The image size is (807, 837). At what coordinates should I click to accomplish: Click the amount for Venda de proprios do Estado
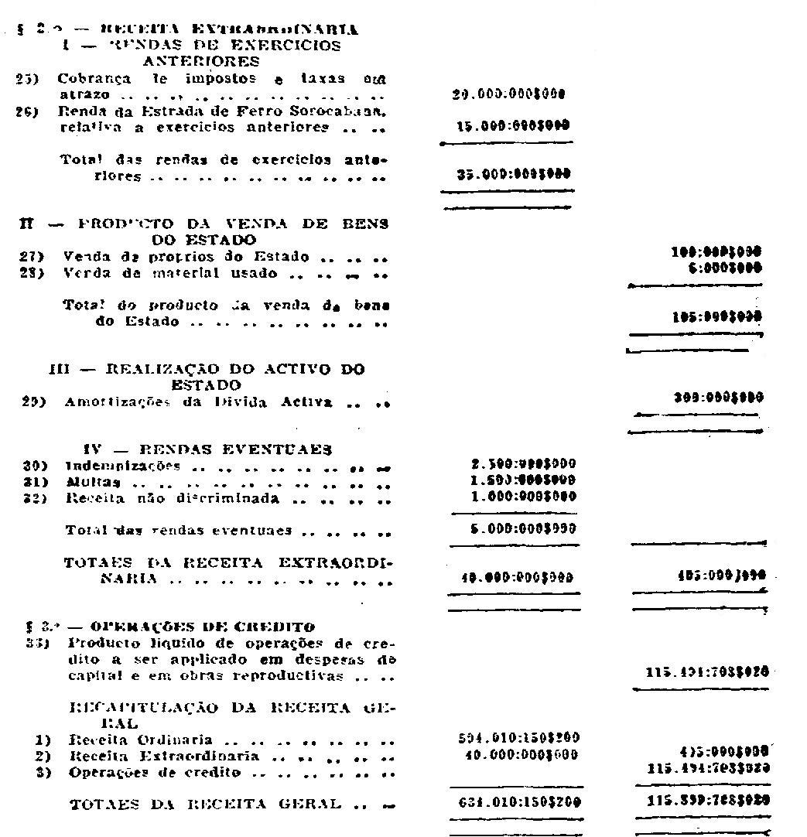click(717, 253)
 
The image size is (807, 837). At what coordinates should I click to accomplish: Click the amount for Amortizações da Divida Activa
click(719, 398)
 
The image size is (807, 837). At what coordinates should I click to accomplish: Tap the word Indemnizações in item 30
click(122, 466)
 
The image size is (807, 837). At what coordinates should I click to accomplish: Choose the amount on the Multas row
click(523, 481)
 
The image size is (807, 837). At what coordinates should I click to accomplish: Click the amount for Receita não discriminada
click(523, 497)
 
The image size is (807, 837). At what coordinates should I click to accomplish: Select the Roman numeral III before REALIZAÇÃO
click(59, 369)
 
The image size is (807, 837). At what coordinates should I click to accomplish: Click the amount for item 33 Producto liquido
click(707, 673)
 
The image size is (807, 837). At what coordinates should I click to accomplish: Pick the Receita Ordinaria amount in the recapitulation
click(518, 738)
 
